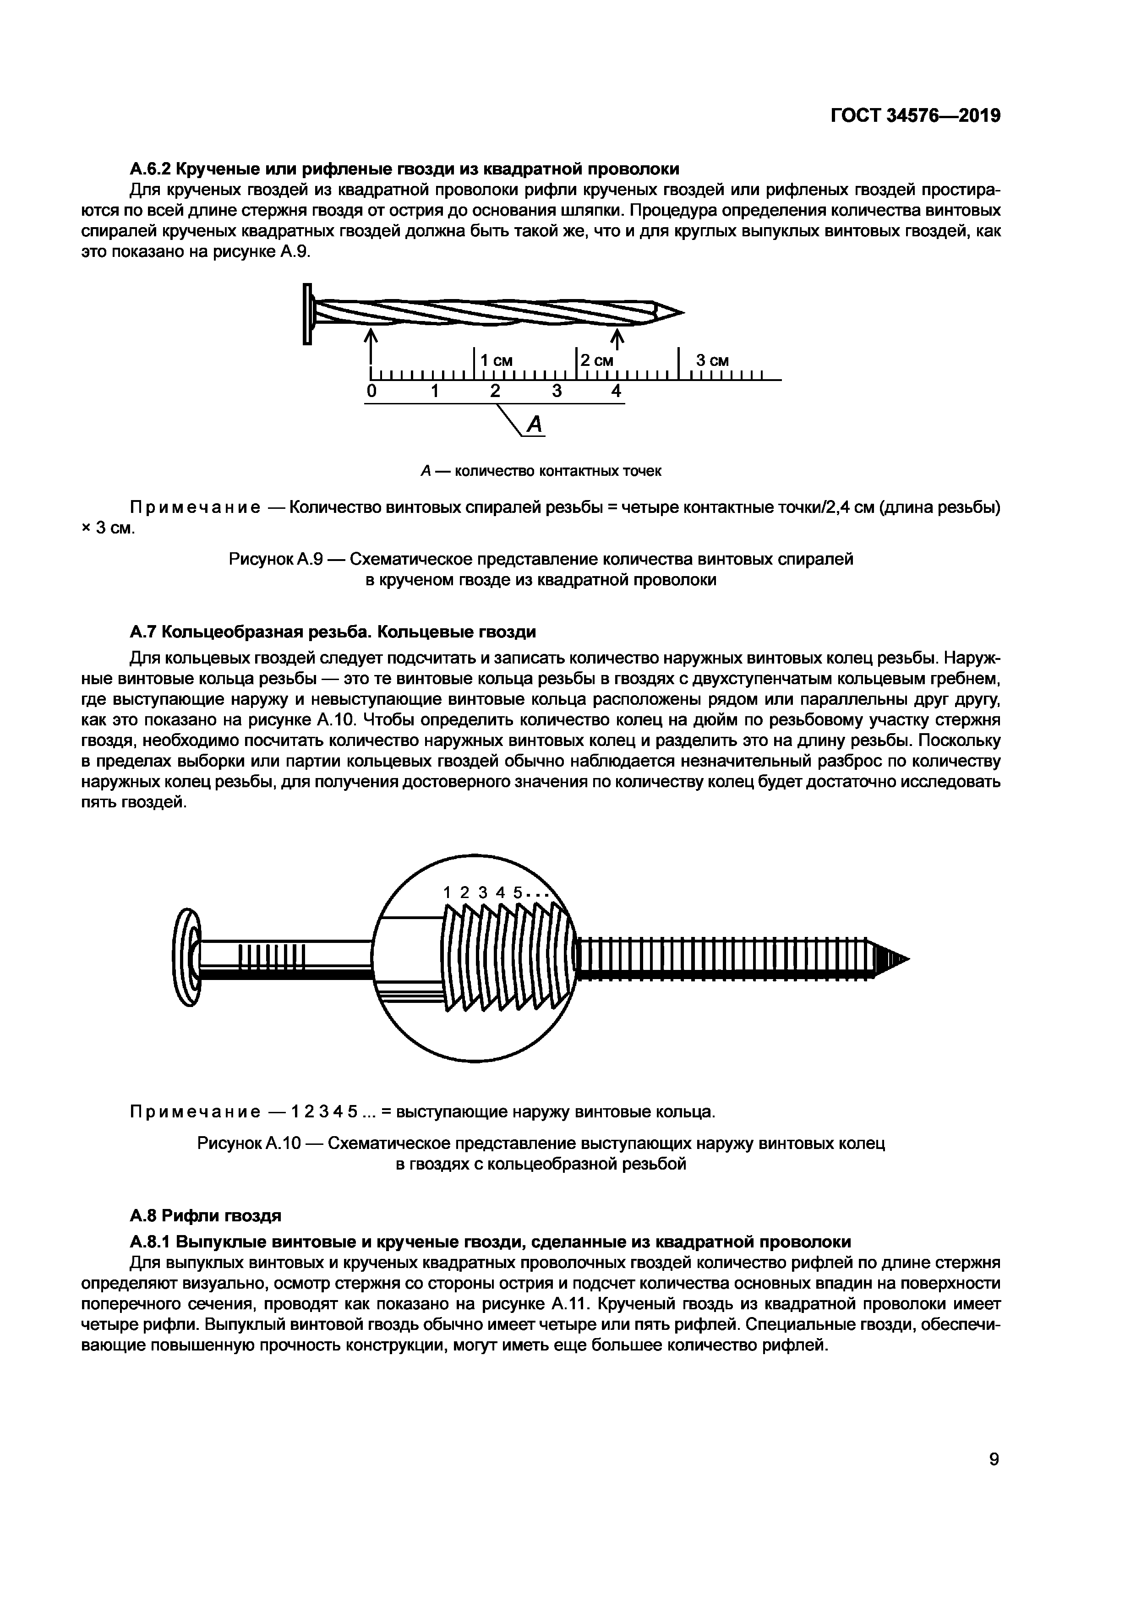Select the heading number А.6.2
150,169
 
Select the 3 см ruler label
712,361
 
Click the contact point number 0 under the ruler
372,392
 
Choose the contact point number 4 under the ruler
616,392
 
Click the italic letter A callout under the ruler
535,424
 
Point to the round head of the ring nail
186,958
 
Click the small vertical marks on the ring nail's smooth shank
272,955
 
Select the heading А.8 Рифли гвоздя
206,1216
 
